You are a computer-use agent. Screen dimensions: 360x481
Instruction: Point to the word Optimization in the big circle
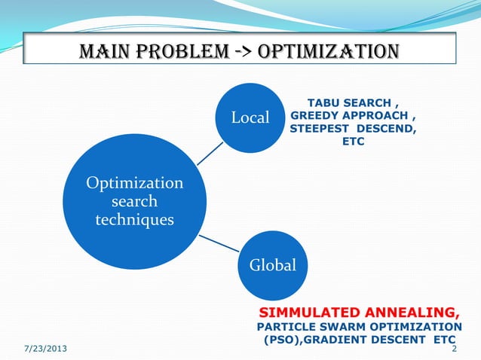click(x=135, y=183)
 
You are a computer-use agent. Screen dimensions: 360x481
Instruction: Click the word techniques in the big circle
click(x=135, y=219)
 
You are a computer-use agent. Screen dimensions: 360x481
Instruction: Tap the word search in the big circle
click(x=135, y=201)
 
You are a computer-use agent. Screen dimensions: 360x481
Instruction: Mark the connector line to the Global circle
click(x=218, y=243)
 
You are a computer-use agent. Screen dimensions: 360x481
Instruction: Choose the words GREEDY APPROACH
click(x=349, y=116)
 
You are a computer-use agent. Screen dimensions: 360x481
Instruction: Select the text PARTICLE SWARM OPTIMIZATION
click(x=360, y=327)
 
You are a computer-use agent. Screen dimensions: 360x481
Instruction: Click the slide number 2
click(x=454, y=349)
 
